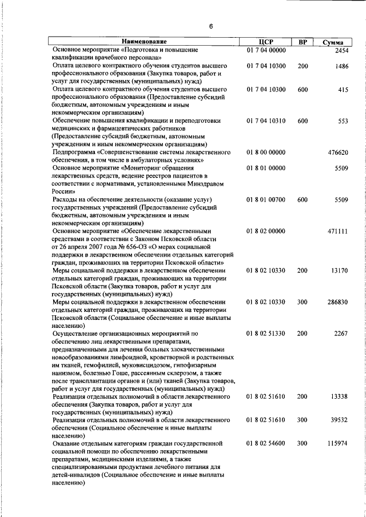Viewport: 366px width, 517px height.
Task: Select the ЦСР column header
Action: (266, 42)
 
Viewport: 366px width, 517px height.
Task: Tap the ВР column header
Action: (303, 42)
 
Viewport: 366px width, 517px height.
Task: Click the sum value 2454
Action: (341, 50)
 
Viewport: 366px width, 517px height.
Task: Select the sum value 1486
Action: (341, 66)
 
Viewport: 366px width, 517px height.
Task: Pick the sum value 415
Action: (343, 90)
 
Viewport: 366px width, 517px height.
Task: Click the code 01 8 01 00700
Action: (266, 200)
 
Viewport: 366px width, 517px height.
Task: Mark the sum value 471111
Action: (337, 231)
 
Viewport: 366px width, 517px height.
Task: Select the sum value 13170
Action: (339, 270)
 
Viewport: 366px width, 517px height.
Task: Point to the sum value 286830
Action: (337, 302)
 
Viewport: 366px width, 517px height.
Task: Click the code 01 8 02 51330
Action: (266, 333)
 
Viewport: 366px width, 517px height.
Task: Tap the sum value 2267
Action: (341, 333)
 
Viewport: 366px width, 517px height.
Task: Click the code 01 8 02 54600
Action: (266, 443)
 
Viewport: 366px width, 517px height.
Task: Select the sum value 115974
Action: (337, 443)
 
